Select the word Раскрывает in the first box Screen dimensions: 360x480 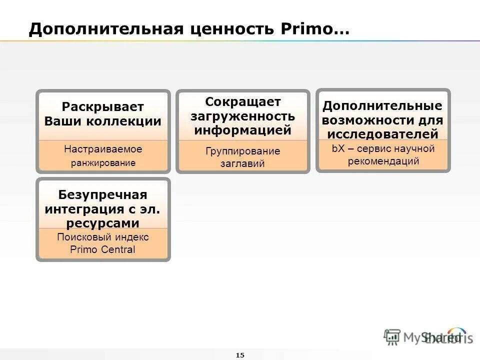tap(103, 107)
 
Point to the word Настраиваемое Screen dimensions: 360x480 tap(103, 149)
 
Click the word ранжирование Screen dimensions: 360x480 tap(103, 163)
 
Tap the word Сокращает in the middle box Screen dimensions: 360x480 tap(243, 102)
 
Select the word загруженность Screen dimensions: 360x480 tap(243, 116)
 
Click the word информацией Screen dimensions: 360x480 tap(243, 130)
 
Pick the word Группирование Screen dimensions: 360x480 tap(243, 151)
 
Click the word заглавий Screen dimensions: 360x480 tap(242, 163)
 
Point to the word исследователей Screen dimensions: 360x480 tap(383, 134)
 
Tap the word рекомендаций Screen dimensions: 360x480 tap(383, 161)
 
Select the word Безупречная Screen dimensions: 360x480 tap(103, 194)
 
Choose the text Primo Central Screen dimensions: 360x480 tap(103, 249)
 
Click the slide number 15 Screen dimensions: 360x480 tap(239, 355)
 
